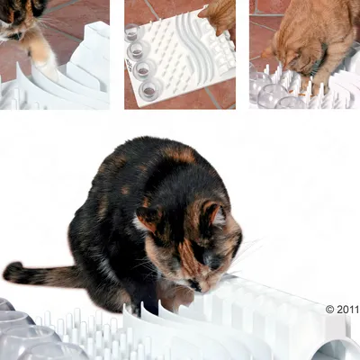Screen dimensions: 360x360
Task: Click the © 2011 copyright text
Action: (x=341, y=309)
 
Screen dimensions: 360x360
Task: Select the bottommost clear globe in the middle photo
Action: (x=150, y=89)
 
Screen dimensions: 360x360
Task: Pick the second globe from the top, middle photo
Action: (x=139, y=50)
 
